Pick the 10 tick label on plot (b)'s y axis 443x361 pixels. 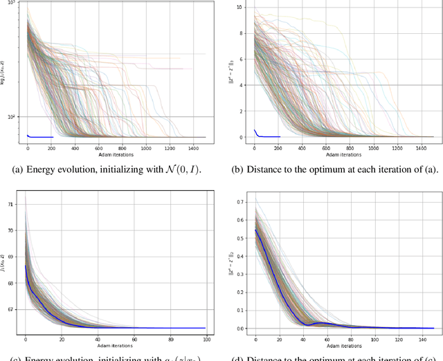tap(239, 8)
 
